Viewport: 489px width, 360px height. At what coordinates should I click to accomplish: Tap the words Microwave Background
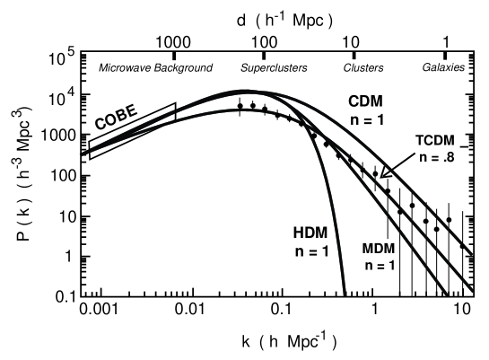click(x=155, y=67)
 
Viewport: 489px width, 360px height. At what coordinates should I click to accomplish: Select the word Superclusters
click(x=275, y=67)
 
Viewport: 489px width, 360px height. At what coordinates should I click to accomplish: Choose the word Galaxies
click(x=446, y=67)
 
